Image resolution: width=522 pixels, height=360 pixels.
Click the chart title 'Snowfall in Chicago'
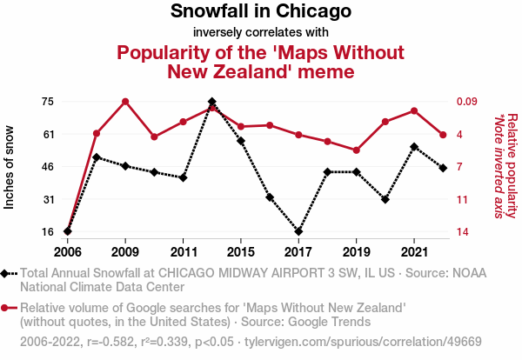[260, 12]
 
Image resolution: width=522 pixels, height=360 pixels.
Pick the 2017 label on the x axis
[298, 251]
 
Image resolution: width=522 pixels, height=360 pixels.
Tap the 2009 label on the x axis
[125, 251]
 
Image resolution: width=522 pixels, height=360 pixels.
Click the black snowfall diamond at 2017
[298, 231]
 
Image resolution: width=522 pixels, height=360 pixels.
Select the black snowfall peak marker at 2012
[212, 102]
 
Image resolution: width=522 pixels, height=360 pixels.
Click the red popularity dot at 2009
[125, 102]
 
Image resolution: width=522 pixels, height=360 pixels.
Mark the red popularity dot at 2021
[414, 110]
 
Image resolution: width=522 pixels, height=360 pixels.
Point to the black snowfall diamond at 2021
[414, 147]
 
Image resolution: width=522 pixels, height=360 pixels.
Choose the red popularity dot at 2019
[356, 150]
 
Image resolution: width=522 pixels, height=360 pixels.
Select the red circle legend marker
[8, 308]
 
